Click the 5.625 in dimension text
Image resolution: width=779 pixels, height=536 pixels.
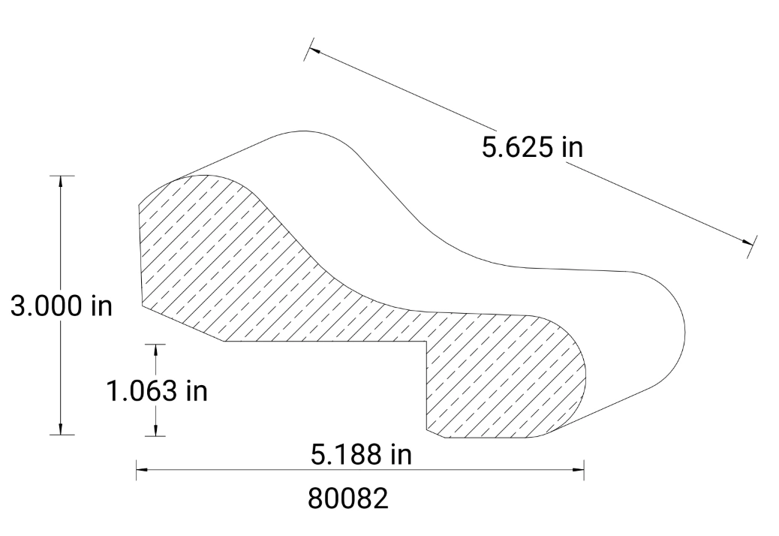[531, 146]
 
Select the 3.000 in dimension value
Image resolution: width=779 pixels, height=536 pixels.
[56, 307]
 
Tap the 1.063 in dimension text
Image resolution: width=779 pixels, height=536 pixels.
[156, 391]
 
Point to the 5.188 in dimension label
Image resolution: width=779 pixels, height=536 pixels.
[361, 454]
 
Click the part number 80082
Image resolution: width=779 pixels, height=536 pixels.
[349, 498]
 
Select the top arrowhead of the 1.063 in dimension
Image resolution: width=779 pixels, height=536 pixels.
[155, 349]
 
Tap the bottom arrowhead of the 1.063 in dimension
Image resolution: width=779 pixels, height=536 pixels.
[155, 430]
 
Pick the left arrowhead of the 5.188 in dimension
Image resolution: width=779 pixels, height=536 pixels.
[142, 471]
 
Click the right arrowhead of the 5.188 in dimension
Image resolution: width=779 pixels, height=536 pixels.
[579, 471]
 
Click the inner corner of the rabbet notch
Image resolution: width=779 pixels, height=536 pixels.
[426, 342]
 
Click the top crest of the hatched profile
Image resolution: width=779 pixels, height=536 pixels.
[206, 176]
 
